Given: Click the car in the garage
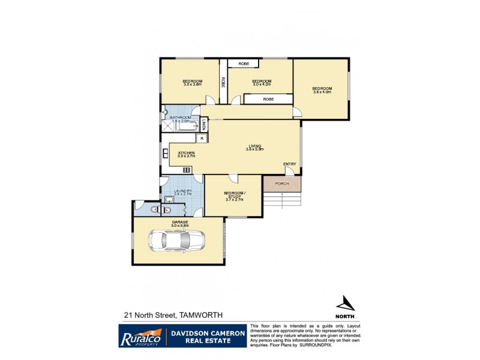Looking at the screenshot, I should [x=178, y=242].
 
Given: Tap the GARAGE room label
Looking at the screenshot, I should [x=180, y=222].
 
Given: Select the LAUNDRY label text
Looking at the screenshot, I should [x=182, y=191].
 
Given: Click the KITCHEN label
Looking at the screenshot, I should [x=187, y=153].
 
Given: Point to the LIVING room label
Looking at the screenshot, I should [x=256, y=145].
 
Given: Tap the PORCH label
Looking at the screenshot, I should [x=283, y=183].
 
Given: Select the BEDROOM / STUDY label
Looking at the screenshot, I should [x=233, y=193].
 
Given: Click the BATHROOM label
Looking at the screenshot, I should [x=180, y=117].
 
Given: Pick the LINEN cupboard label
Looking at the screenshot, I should [x=204, y=125].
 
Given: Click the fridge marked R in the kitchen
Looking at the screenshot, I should [x=202, y=139].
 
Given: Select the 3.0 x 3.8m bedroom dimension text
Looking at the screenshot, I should [x=193, y=85].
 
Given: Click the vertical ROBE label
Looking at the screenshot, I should [x=223, y=83].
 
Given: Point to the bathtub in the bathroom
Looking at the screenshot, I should [x=185, y=127].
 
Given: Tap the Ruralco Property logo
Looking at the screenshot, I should [x=142, y=336].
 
